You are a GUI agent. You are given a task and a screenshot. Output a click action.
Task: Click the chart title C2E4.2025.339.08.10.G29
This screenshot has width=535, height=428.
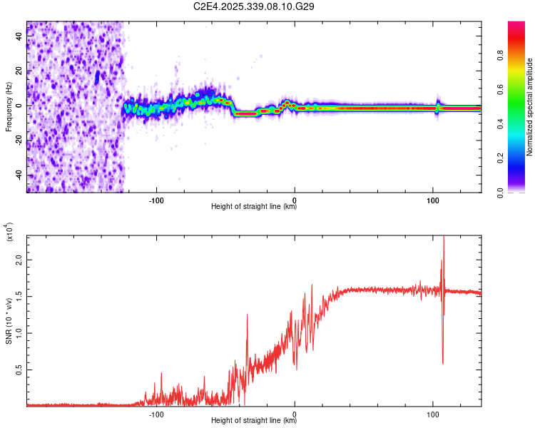[x=254, y=6]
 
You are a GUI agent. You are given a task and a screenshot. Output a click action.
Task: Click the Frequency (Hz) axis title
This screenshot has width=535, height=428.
[x=9, y=107]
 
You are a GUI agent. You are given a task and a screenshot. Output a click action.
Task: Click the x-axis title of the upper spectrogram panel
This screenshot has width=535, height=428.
[x=254, y=207]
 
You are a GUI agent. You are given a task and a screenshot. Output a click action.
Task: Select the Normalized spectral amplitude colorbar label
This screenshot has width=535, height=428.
[x=529, y=107]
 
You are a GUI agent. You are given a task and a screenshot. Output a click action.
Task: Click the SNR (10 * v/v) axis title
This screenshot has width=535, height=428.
[x=9, y=320]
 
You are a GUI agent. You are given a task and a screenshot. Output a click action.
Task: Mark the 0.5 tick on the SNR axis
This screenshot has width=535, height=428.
[x=19, y=370]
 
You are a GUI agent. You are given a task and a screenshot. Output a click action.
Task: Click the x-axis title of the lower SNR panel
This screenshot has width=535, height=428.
[x=254, y=421]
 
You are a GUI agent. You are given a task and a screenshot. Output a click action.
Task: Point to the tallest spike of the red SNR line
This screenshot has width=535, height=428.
[x=444, y=239]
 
